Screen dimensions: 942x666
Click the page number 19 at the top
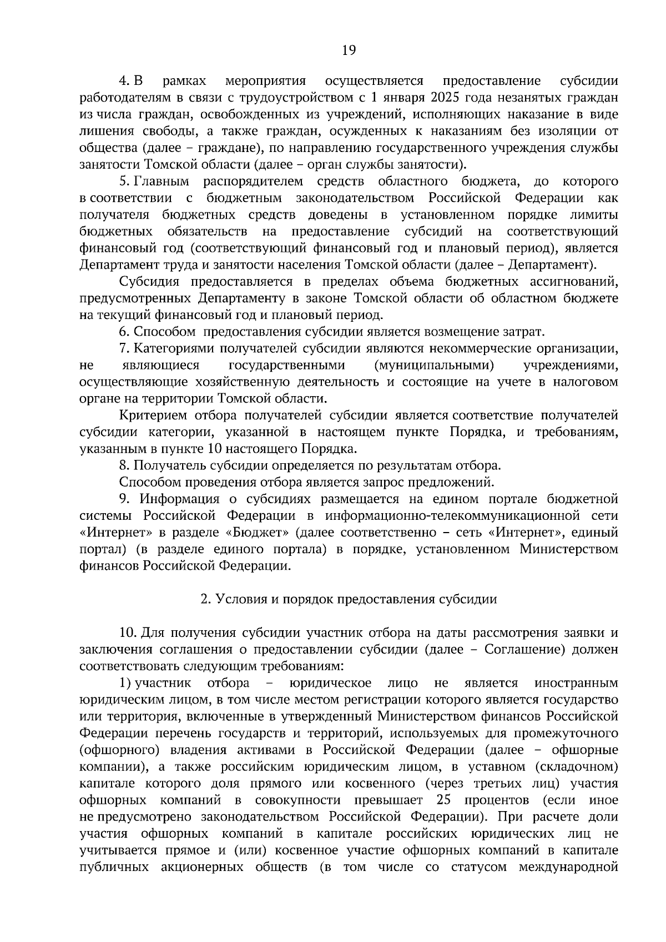(x=349, y=51)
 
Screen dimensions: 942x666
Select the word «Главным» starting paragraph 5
(x=163, y=181)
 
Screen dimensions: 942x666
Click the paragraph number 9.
(x=124, y=499)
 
